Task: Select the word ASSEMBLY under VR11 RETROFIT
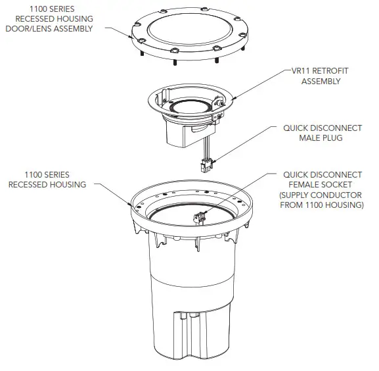click(321, 82)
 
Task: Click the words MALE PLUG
click(322, 138)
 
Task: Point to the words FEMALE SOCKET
click(322, 185)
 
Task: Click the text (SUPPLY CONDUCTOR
click(322, 195)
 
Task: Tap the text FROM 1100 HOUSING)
click(322, 205)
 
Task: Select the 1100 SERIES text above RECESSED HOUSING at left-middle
click(47, 174)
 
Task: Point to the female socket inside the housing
click(198, 217)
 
